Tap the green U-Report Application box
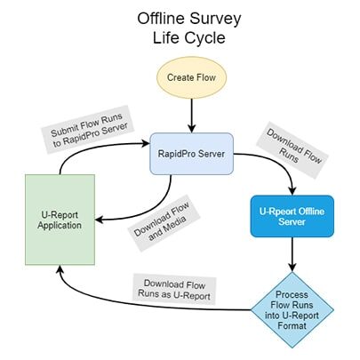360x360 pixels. pyautogui.click(x=59, y=219)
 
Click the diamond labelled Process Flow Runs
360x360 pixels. pyautogui.click(x=292, y=308)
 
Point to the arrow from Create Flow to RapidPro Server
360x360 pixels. pyautogui.click(x=190, y=116)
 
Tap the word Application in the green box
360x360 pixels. pyautogui.click(x=59, y=226)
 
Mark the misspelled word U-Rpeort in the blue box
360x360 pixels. pyautogui.click(x=276, y=212)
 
